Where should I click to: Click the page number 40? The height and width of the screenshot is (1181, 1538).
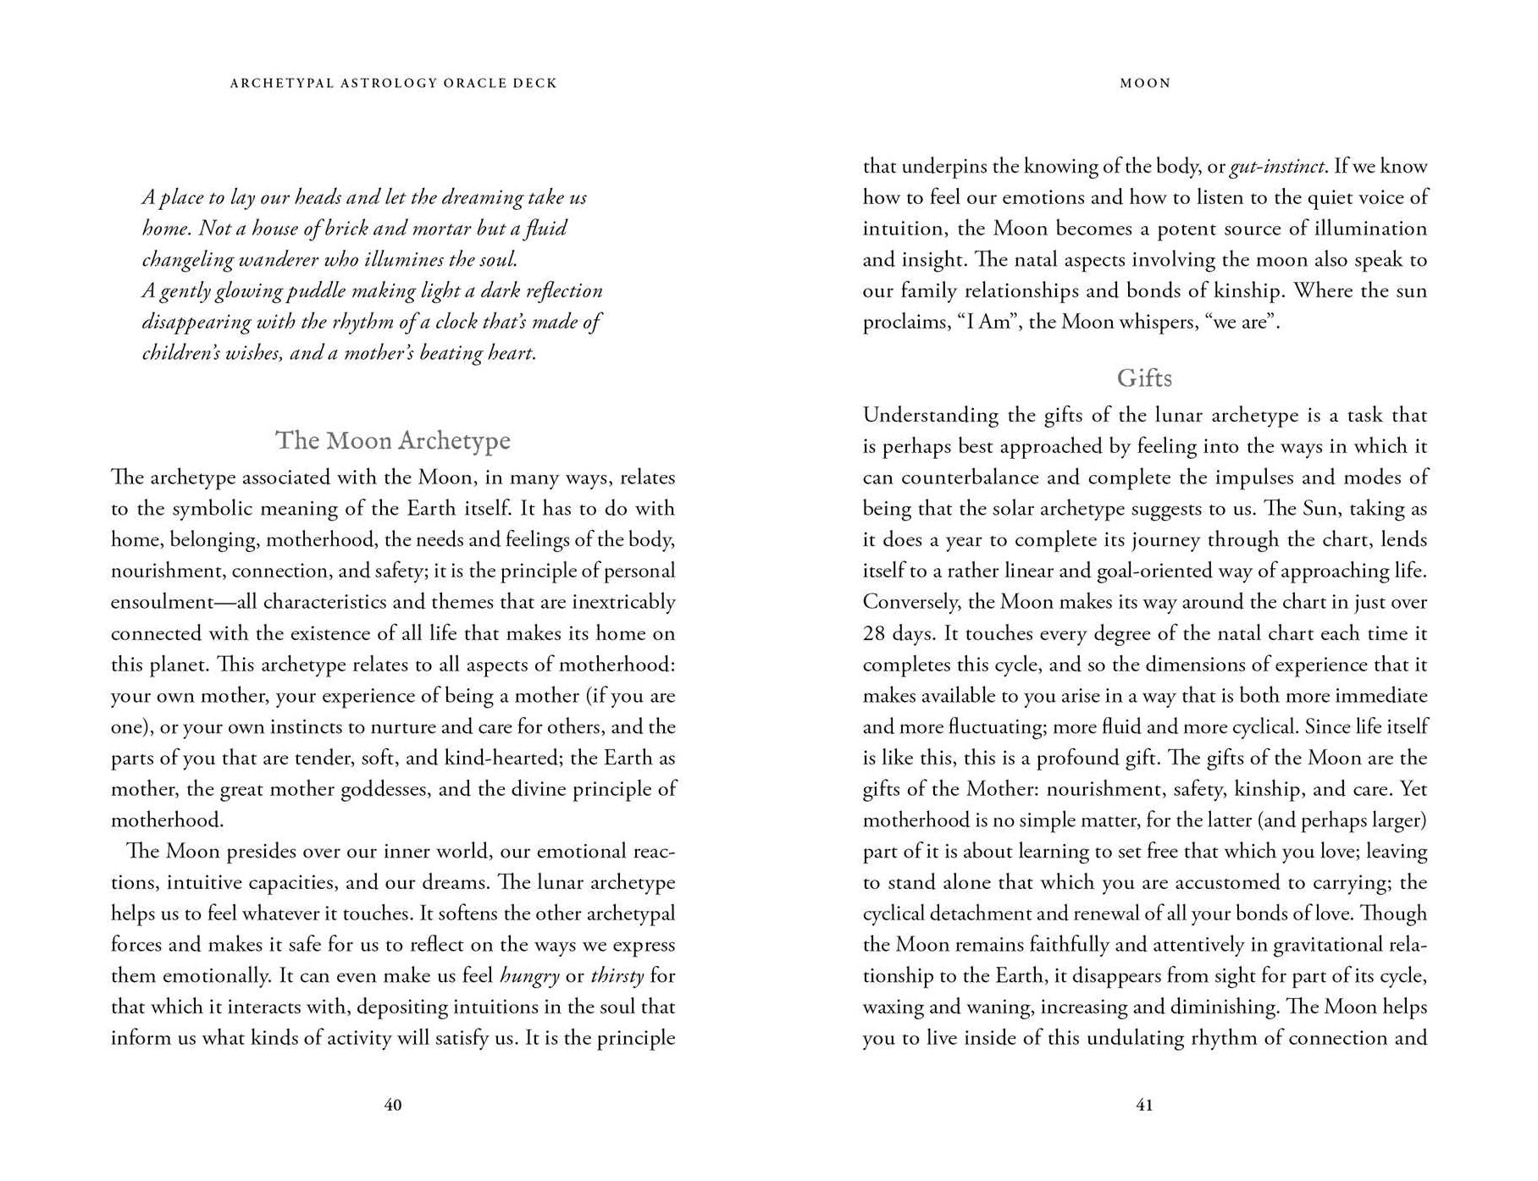pyautogui.click(x=393, y=1105)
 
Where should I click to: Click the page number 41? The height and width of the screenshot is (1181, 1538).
pyautogui.click(x=1144, y=1105)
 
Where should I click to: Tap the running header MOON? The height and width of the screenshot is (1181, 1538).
pyautogui.click(x=1145, y=83)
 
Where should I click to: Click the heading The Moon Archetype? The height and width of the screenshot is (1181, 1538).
pyautogui.click(x=393, y=440)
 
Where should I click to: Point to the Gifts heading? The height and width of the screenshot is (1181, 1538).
pyautogui.click(x=1144, y=378)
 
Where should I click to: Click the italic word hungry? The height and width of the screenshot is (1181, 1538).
pyautogui.click(x=529, y=976)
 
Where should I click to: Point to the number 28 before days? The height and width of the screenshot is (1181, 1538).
pyautogui.click(x=874, y=634)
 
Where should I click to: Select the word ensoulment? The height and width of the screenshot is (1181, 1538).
pyautogui.click(x=162, y=603)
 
